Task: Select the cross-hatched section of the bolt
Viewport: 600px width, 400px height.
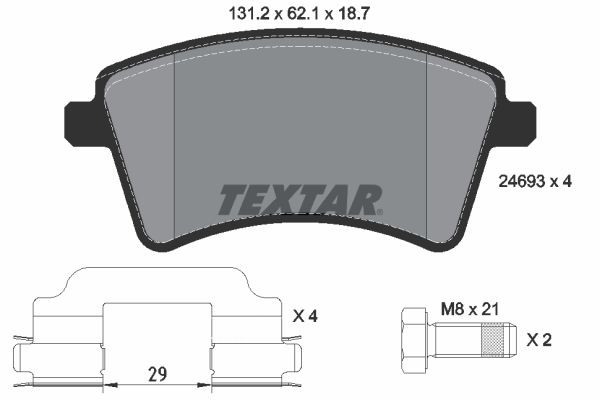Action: (x=490, y=340)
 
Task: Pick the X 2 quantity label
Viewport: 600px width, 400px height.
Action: (x=539, y=340)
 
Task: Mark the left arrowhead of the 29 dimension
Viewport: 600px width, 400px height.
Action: (x=108, y=384)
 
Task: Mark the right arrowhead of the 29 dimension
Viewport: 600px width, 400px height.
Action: (x=205, y=384)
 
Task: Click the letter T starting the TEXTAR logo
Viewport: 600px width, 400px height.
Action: (x=231, y=199)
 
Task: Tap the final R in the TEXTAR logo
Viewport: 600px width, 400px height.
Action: (x=366, y=199)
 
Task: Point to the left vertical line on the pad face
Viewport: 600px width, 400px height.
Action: (x=175, y=150)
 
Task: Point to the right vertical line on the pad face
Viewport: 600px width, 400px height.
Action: (x=427, y=150)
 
